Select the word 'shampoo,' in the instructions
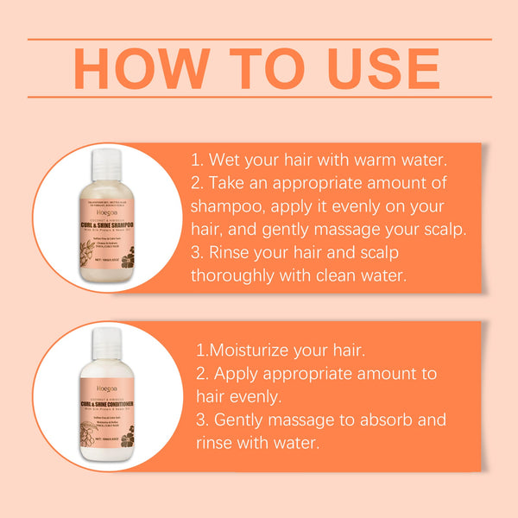pyautogui.click(x=229, y=209)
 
